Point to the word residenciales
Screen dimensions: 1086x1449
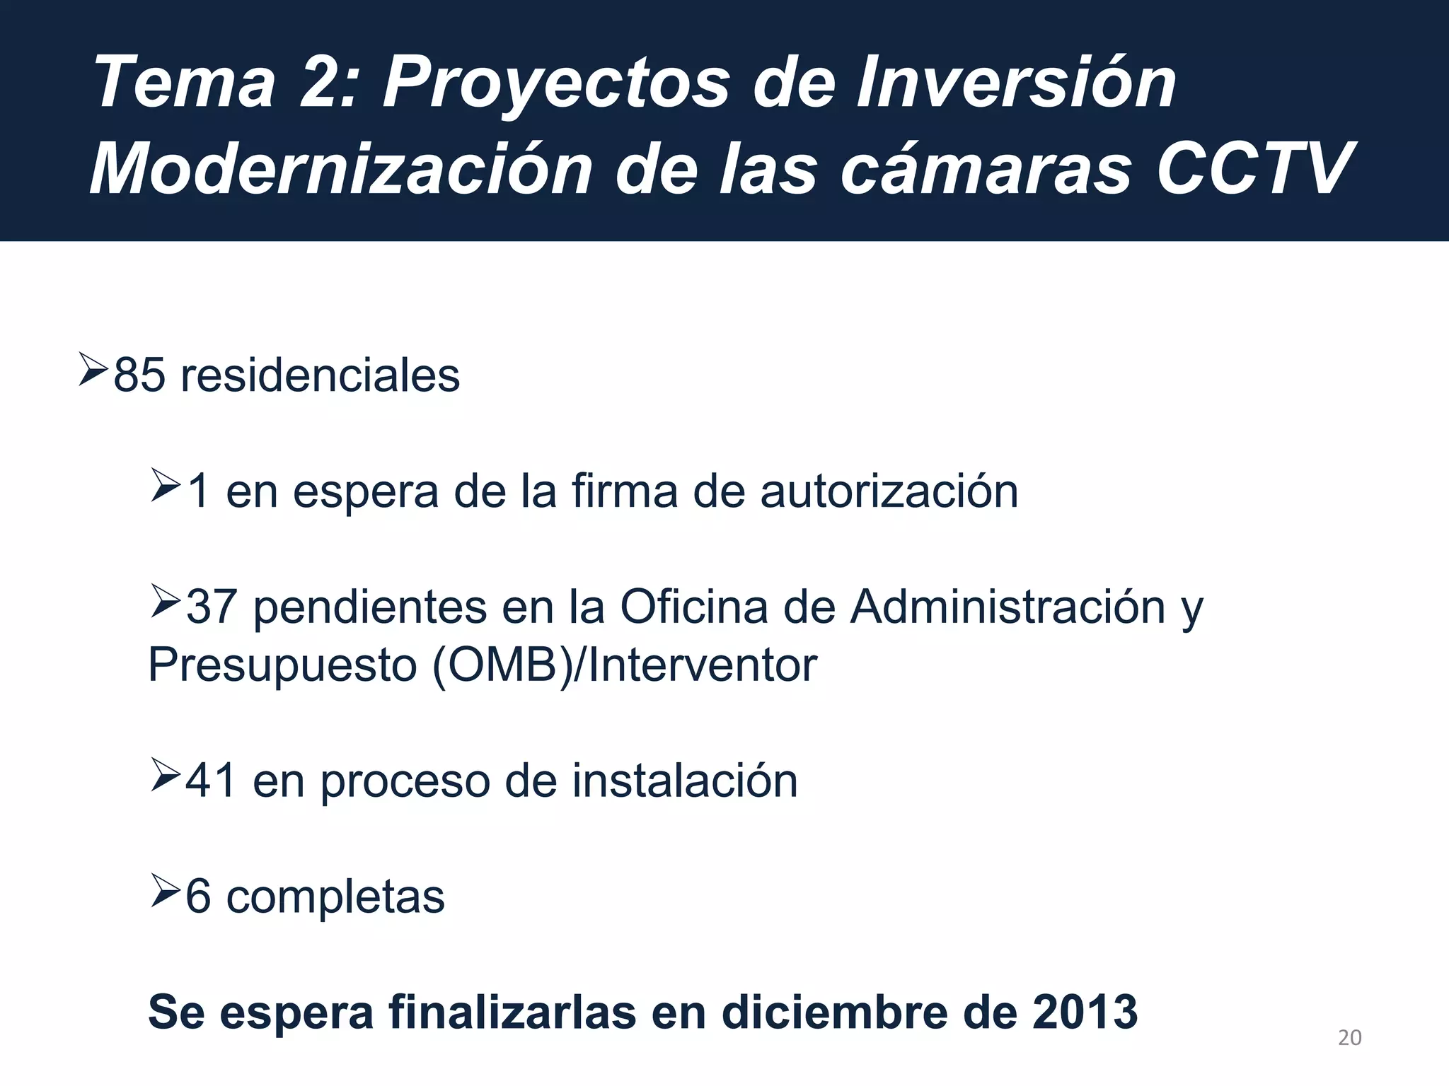click(x=320, y=375)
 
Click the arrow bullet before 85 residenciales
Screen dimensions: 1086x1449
click(x=93, y=370)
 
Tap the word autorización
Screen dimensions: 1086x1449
click(x=889, y=491)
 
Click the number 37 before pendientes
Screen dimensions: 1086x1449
click(x=212, y=607)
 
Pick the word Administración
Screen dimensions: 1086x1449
click(x=1008, y=607)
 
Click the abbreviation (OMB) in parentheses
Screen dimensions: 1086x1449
click(x=501, y=665)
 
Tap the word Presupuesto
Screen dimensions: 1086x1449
click(x=282, y=666)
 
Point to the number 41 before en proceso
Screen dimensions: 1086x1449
click(x=211, y=781)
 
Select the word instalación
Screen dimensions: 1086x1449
click(x=684, y=781)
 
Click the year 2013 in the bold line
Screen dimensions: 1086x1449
click(x=1085, y=1012)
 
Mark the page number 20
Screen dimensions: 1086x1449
click(x=1349, y=1038)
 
